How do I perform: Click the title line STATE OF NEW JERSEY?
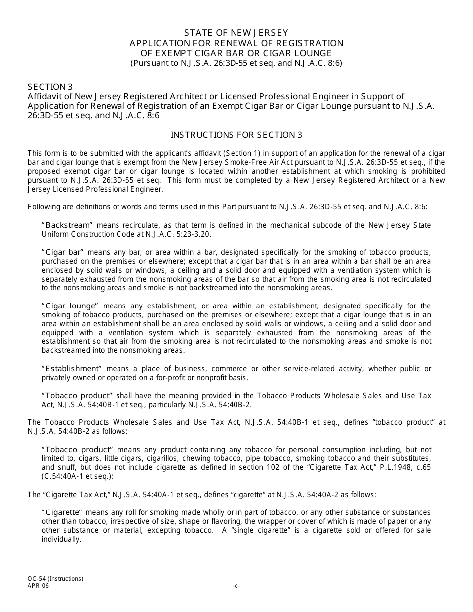(236, 33)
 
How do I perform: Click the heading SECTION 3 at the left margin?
(46, 87)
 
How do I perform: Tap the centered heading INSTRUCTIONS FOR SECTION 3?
(236, 135)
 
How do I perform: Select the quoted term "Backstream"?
(63, 225)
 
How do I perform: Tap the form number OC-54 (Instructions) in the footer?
(55, 579)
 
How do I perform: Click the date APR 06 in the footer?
(38, 586)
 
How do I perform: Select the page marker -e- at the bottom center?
(236, 586)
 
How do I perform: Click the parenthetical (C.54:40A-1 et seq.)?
(78, 476)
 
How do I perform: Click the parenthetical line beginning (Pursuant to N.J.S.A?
(236, 63)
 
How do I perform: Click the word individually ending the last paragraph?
(61, 539)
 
